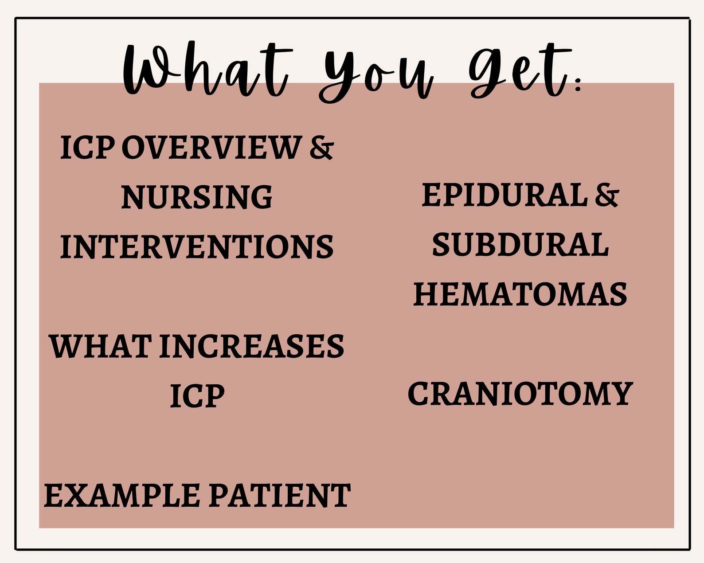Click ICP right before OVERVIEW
[x=87, y=148]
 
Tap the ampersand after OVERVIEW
[x=321, y=148]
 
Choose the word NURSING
[x=197, y=197]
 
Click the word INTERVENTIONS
[x=197, y=247]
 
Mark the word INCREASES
[x=252, y=346]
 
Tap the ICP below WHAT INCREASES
[x=197, y=395]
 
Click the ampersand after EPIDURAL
[x=606, y=195]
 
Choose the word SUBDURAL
[x=520, y=245]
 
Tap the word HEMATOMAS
[x=520, y=294]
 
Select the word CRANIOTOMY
[x=520, y=394]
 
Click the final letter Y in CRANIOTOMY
[x=622, y=394]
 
